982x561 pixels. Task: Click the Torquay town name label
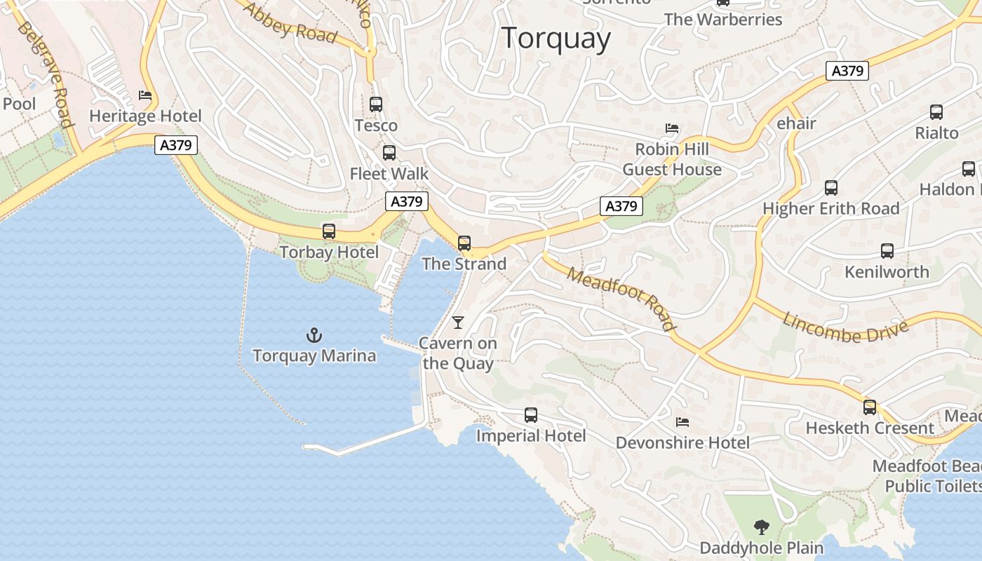pos(556,38)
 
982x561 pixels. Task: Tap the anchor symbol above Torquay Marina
pos(314,335)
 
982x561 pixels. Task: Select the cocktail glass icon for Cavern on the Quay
pos(458,322)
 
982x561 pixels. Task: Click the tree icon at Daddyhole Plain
pos(761,527)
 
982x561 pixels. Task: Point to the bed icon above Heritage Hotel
pos(145,95)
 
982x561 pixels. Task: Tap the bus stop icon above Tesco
pos(376,104)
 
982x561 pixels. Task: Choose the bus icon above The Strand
pos(464,243)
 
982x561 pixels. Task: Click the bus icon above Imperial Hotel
pos(531,415)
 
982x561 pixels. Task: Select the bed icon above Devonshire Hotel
pos(682,421)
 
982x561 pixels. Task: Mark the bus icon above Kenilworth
pos(887,251)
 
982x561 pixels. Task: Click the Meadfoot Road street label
pos(621,298)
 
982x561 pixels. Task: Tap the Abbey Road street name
pos(289,22)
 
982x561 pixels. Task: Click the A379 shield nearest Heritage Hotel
pos(176,145)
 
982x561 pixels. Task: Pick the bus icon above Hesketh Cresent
pos(870,407)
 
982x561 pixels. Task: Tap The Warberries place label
pos(722,20)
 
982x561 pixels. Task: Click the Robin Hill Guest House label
pos(672,159)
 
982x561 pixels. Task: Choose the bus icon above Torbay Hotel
pos(328,231)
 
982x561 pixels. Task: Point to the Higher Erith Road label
pos(830,208)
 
